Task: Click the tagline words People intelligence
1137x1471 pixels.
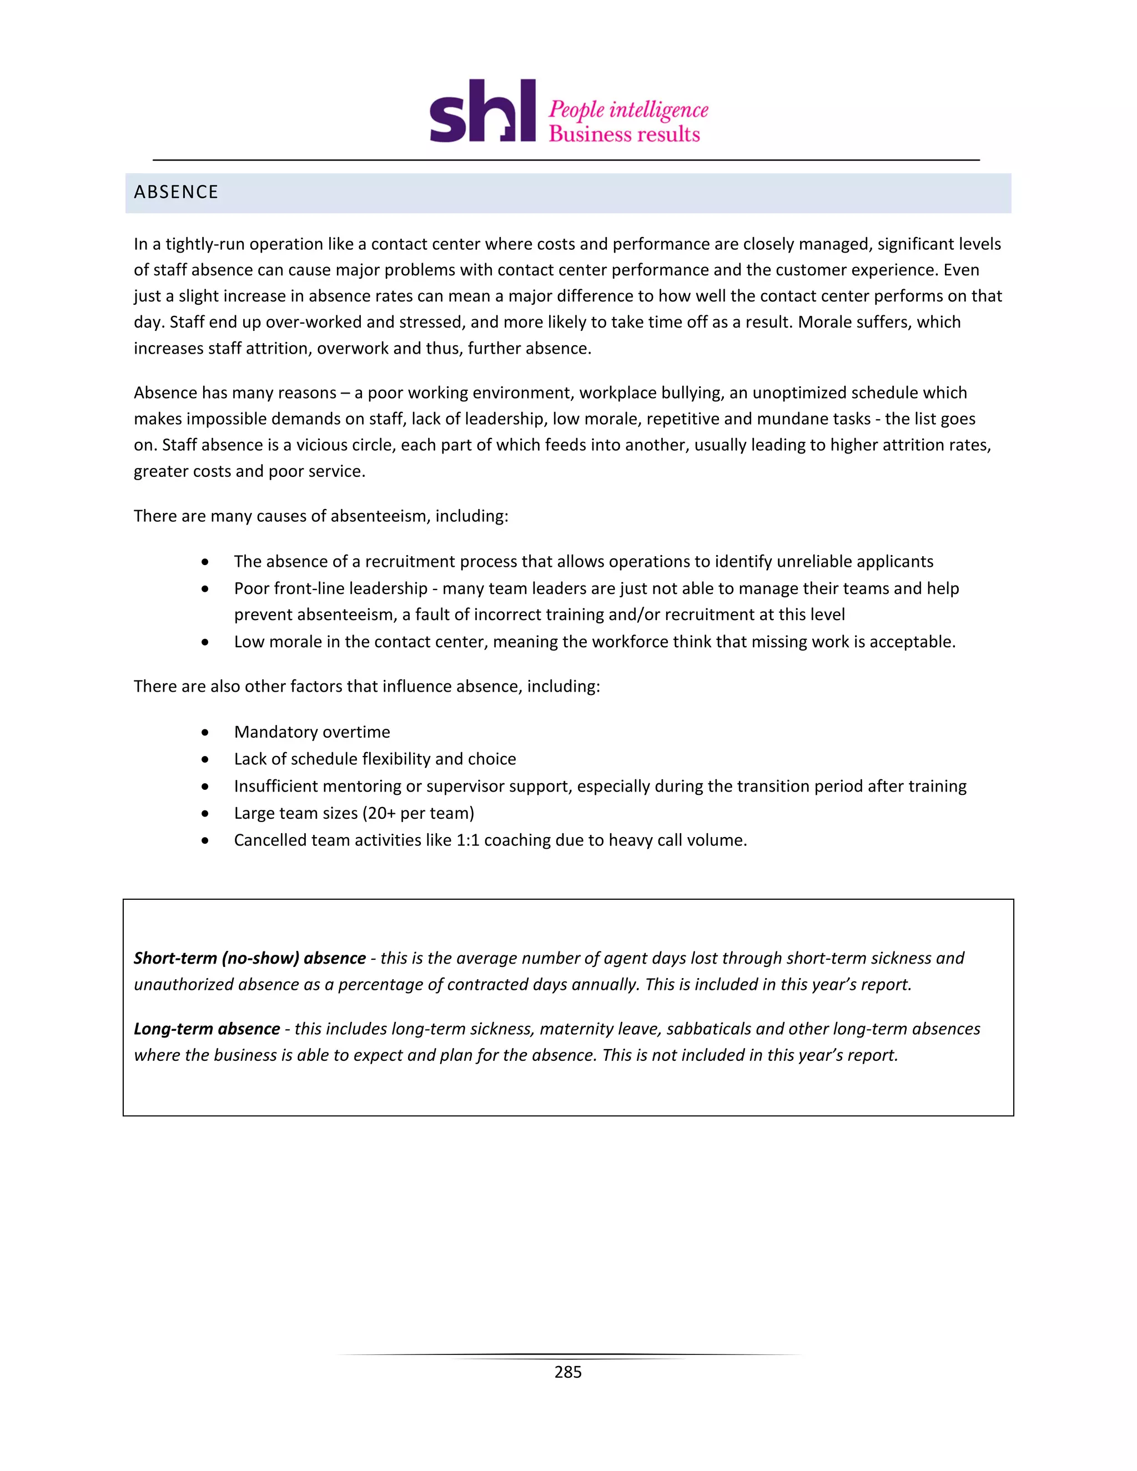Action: click(x=628, y=110)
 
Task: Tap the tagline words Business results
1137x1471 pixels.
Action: click(x=625, y=134)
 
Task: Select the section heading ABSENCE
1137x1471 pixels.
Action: click(x=176, y=193)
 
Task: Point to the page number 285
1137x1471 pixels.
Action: click(x=568, y=1372)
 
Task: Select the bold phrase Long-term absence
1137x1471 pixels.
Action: click(x=206, y=1029)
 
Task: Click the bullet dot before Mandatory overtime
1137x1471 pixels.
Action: click(x=205, y=732)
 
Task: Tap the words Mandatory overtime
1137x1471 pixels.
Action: click(x=312, y=732)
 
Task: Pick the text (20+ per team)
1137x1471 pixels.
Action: click(x=418, y=813)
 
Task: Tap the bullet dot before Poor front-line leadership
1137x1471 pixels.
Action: click(x=205, y=588)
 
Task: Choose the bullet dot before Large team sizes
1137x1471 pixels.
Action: click(x=205, y=814)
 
